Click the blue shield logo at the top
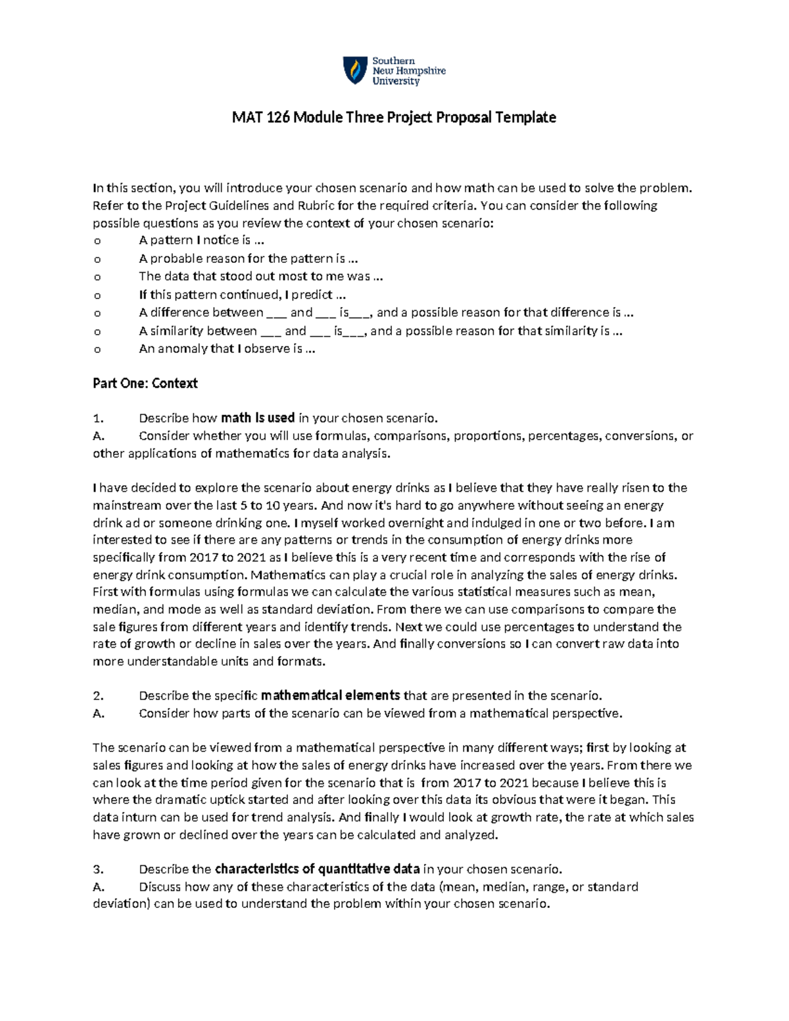click(356, 70)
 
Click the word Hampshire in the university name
click(419, 71)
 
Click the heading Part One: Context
click(145, 383)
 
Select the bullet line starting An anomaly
click(227, 349)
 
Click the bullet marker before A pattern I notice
click(97, 241)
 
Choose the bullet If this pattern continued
click(242, 295)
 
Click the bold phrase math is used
click(258, 418)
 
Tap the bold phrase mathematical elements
click(330, 696)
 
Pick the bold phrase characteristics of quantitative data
click(317, 869)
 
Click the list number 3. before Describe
click(98, 869)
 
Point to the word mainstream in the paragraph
click(126, 506)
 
